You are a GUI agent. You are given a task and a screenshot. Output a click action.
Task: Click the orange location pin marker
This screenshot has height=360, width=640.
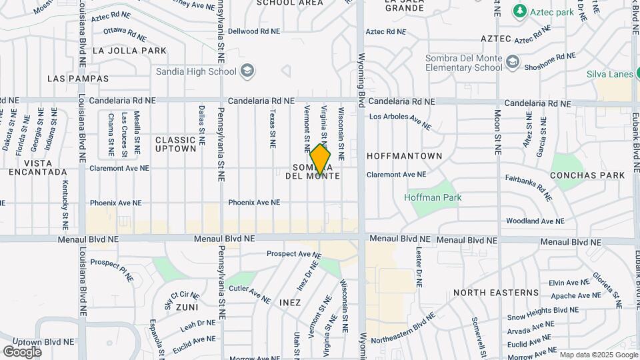tap(320, 160)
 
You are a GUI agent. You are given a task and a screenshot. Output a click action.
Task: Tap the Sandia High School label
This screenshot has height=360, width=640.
tap(196, 71)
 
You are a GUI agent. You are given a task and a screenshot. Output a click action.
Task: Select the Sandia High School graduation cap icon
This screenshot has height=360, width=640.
tap(247, 71)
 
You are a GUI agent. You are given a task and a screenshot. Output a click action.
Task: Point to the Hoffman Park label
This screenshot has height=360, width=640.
tap(433, 197)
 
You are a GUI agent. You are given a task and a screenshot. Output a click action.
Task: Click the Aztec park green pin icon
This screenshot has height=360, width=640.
tap(520, 11)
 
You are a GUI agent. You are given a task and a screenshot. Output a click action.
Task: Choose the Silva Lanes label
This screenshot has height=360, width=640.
tap(609, 74)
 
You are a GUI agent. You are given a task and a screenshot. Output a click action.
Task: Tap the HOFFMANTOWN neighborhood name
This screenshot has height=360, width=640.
tap(405, 156)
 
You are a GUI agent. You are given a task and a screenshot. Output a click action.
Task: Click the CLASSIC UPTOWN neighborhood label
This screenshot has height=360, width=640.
tap(176, 144)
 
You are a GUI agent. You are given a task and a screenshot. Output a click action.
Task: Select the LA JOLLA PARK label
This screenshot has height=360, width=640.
tap(129, 51)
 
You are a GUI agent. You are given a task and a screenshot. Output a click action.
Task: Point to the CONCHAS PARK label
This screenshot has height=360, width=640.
tap(587, 175)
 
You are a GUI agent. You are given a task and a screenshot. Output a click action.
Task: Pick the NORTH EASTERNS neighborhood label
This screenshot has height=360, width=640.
tap(495, 293)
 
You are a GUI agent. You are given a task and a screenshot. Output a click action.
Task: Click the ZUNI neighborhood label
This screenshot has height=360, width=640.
tap(187, 307)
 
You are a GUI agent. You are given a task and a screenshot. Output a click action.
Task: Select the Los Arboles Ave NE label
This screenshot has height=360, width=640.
tap(400, 120)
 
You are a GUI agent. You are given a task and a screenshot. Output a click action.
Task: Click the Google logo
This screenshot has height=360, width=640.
tap(22, 351)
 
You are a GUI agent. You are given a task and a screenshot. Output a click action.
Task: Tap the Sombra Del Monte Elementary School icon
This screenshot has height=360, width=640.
tap(513, 63)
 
